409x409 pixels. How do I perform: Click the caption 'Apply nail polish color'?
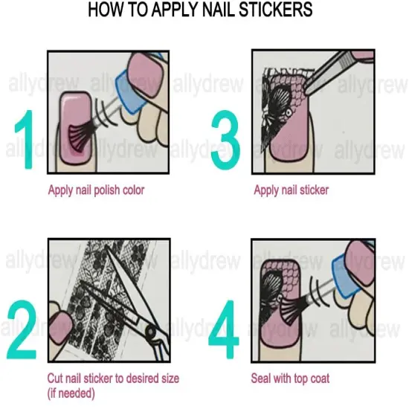pos(96,190)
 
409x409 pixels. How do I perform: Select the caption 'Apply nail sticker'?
pos(292,190)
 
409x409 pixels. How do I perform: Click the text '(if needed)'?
pos(73,393)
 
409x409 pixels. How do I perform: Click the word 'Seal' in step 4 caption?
pos(263,379)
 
